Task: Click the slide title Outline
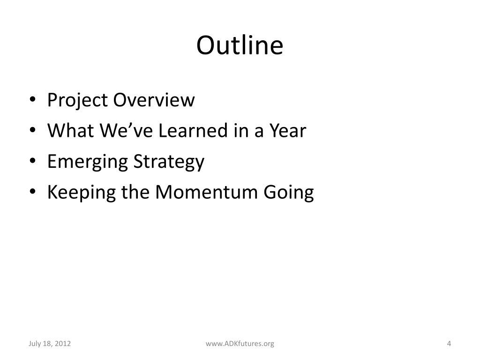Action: [x=240, y=45]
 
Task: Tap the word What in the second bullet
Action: [x=70, y=130]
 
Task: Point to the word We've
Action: [x=126, y=130]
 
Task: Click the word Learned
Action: [x=193, y=130]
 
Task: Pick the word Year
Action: [x=288, y=130]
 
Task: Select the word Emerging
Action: [x=87, y=162]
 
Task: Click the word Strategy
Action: [x=169, y=162]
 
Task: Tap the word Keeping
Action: [x=82, y=193]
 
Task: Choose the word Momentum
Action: [x=206, y=192]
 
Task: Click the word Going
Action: [x=289, y=193]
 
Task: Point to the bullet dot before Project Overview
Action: [x=33, y=99]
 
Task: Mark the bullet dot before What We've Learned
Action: [x=33, y=130]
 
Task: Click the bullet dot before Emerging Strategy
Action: [x=33, y=161]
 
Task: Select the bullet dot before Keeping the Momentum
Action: [x=33, y=192]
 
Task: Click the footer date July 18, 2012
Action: [x=50, y=344]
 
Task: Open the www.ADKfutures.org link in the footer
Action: [x=240, y=344]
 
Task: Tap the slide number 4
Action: [x=449, y=344]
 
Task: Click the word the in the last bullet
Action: [x=135, y=192]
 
